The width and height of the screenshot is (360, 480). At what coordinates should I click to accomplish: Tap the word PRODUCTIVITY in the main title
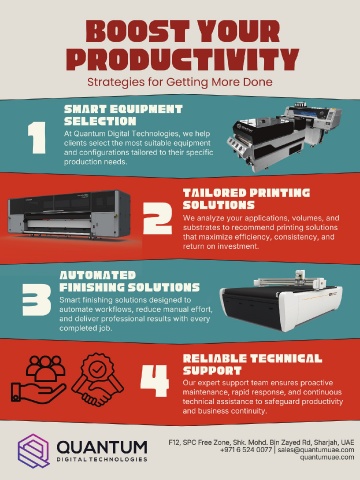[182, 59]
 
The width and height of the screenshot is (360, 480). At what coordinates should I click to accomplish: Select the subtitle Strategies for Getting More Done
[180, 82]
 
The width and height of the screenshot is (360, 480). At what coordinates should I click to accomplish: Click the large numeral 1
[36, 138]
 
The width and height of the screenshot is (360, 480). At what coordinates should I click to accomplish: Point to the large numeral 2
[158, 218]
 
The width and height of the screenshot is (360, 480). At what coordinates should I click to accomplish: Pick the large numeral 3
[37, 300]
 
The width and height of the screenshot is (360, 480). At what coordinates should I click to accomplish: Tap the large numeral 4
[155, 381]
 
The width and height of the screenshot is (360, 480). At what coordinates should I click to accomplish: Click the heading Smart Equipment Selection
[123, 115]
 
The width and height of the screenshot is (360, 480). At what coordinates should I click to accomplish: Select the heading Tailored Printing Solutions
[246, 199]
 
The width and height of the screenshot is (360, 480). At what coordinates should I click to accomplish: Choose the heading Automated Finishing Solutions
[129, 281]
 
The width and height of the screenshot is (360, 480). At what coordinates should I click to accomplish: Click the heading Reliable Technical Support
[252, 364]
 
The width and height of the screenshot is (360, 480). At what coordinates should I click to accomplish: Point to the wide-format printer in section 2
[69, 215]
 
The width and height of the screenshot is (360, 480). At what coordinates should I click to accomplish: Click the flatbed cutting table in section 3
[281, 301]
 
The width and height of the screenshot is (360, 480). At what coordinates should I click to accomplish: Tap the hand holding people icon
[38, 378]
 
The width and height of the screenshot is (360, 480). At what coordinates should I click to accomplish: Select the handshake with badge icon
[97, 379]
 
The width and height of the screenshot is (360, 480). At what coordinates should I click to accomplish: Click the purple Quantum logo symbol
[34, 451]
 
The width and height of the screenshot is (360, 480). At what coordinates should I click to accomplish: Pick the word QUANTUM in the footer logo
[102, 447]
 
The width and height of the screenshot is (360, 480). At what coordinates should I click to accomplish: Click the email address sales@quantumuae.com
[316, 450]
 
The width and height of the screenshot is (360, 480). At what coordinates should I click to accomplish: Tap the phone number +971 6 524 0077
[246, 450]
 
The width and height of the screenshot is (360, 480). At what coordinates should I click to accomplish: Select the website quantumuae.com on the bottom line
[327, 457]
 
